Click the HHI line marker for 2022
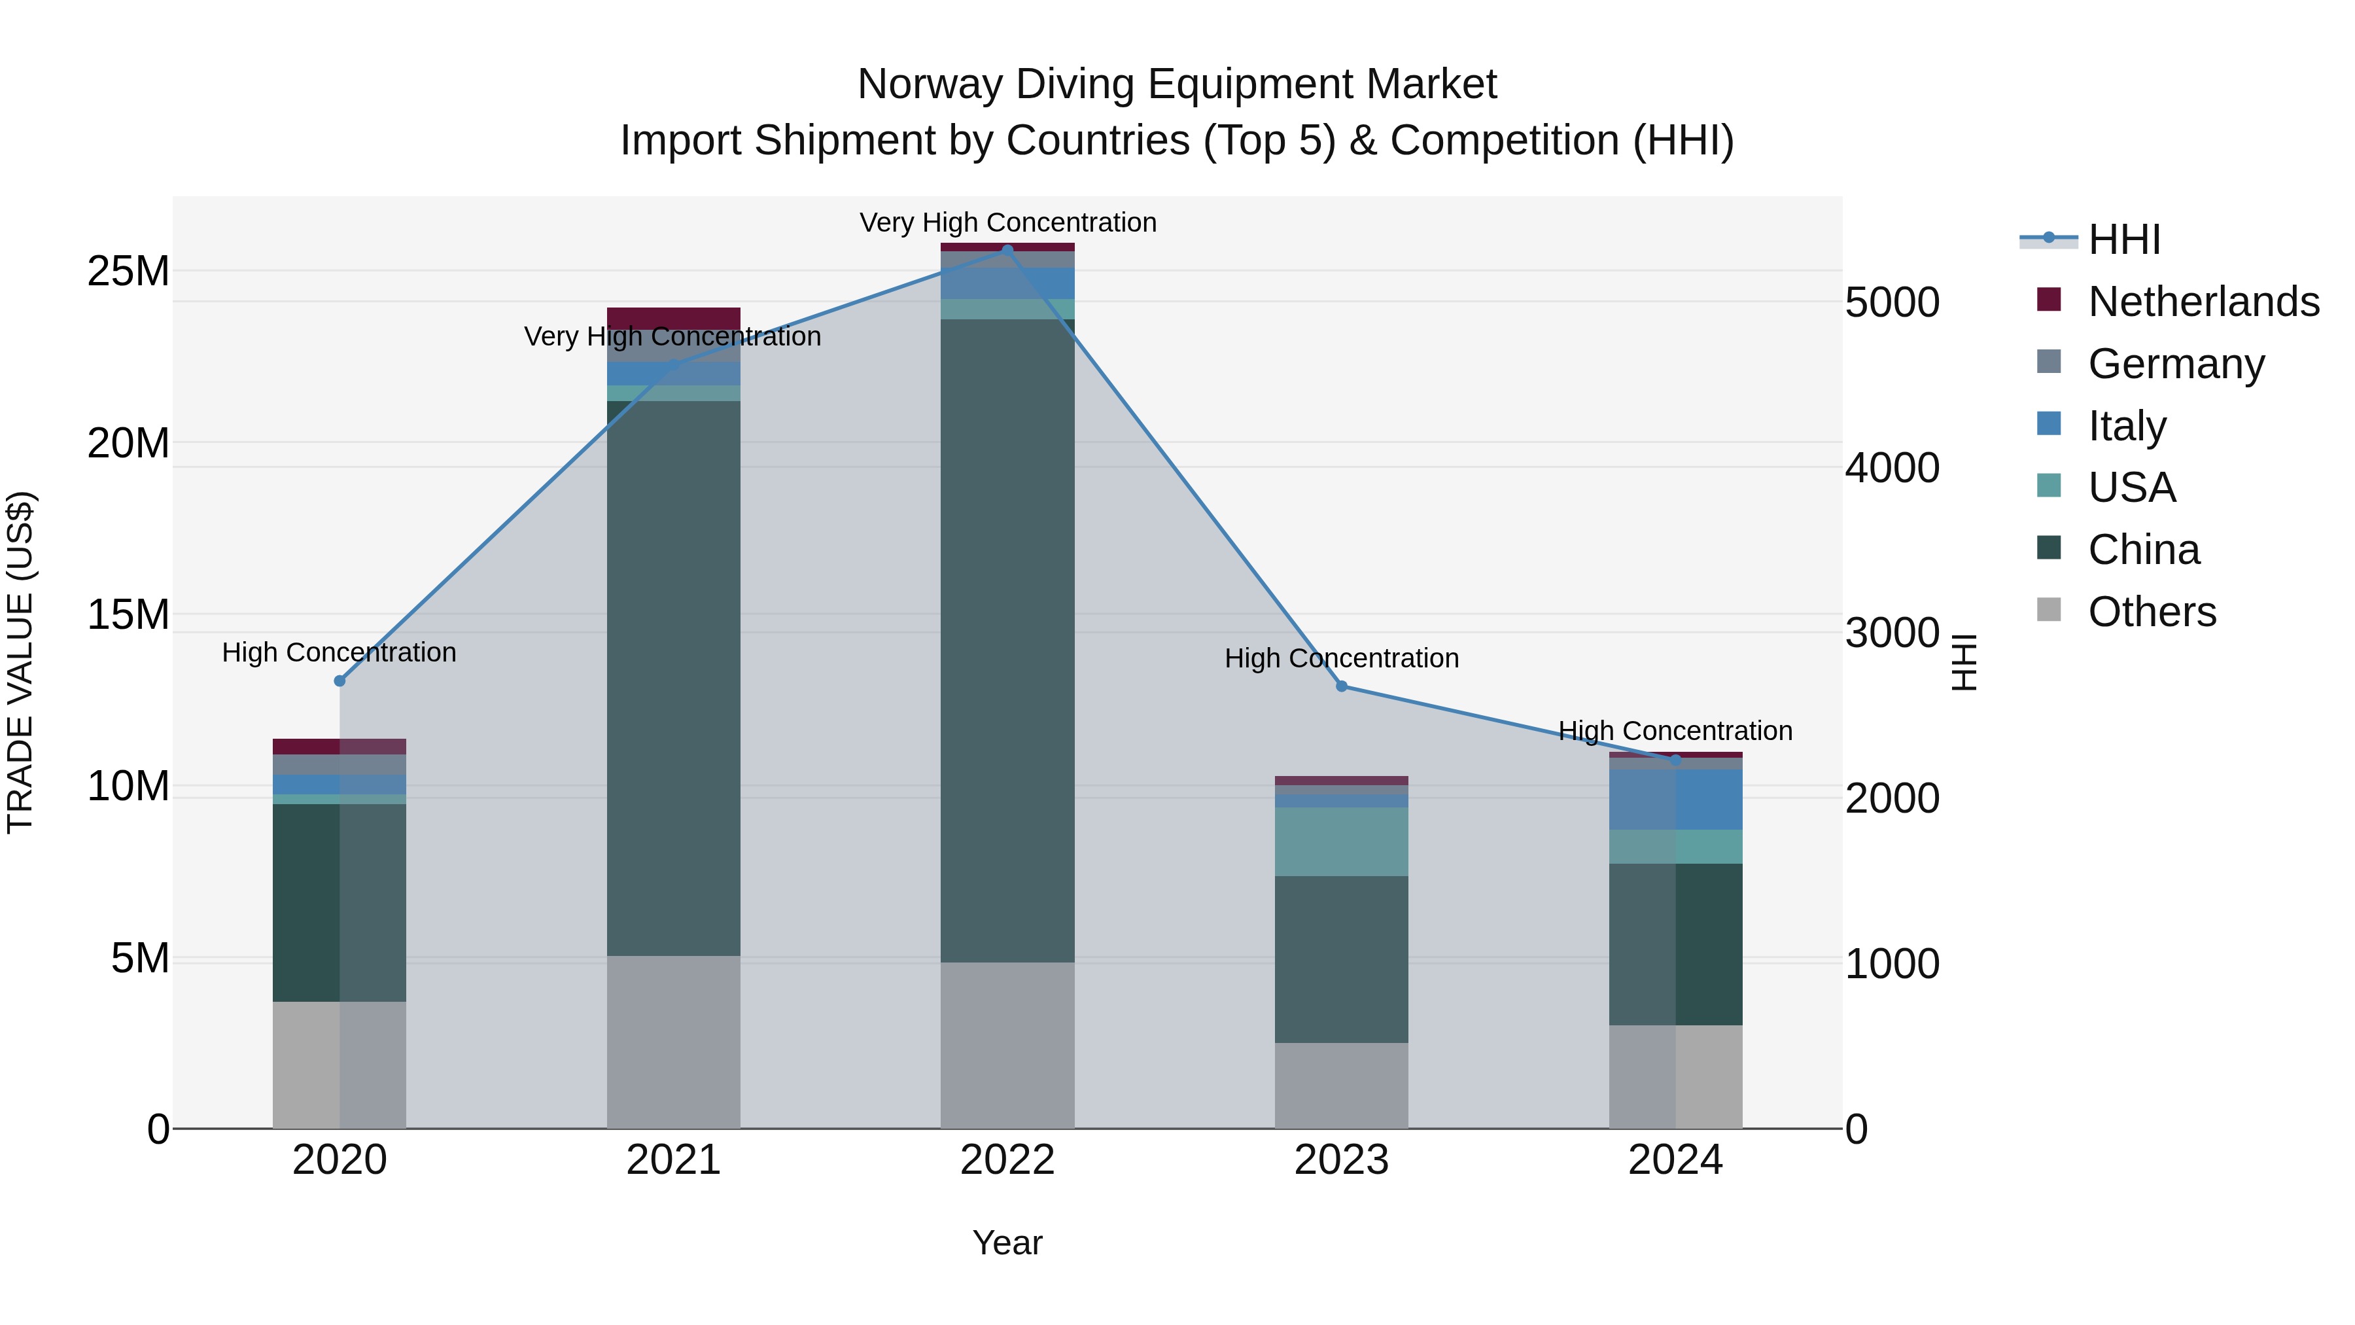pyautogui.click(x=1007, y=250)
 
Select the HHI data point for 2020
pyautogui.click(x=339, y=680)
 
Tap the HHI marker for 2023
pyautogui.click(x=1341, y=686)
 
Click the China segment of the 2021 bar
pyautogui.click(x=673, y=677)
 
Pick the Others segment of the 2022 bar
pyautogui.click(x=1007, y=1044)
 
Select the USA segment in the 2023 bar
pyautogui.click(x=1341, y=841)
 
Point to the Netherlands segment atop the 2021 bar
pyautogui.click(x=673, y=318)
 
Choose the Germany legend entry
pyautogui.click(x=2176, y=364)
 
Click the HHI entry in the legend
pyautogui.click(x=2123, y=239)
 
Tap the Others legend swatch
pyautogui.click(x=2049, y=610)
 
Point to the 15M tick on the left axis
pyautogui.click(x=128, y=614)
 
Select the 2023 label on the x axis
pyautogui.click(x=1341, y=1160)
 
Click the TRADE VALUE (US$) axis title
pyautogui.click(x=20, y=662)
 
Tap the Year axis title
pyautogui.click(x=1007, y=1243)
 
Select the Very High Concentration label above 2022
pyautogui.click(x=1007, y=222)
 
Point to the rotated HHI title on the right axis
pyautogui.click(x=1964, y=662)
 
